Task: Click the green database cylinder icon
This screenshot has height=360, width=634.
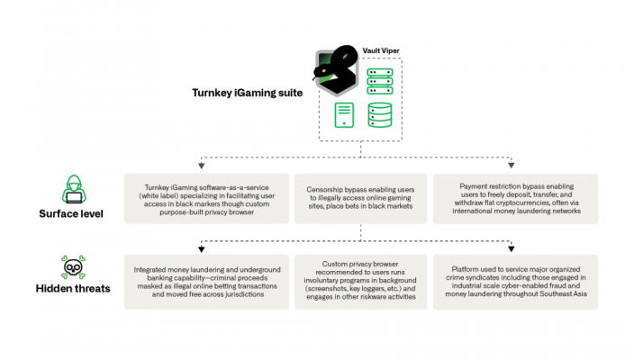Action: tap(379, 115)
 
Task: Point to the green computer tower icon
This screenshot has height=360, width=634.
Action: tap(344, 115)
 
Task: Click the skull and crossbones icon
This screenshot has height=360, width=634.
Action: tap(73, 267)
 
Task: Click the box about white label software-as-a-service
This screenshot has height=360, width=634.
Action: tap(206, 198)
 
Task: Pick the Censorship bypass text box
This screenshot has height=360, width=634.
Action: tap(360, 198)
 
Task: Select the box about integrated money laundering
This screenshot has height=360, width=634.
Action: tap(206, 282)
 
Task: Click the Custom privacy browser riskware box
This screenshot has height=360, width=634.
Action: tap(360, 282)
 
